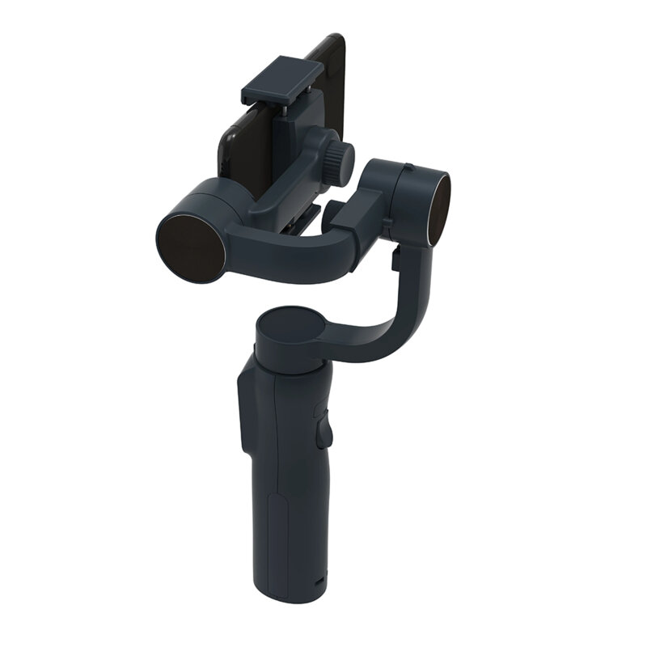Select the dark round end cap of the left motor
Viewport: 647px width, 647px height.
(x=190, y=247)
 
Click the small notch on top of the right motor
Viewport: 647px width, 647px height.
(x=409, y=168)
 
